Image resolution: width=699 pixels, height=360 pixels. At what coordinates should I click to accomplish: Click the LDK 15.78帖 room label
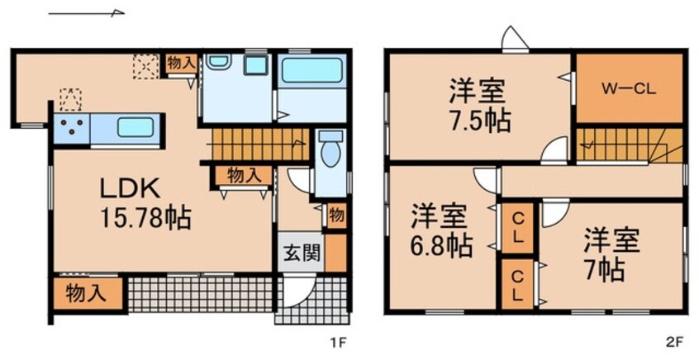pyautogui.click(x=146, y=203)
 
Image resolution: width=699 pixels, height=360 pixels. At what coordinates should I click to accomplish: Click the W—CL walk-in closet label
pyautogui.click(x=629, y=89)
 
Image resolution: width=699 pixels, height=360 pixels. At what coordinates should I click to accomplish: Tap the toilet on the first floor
pyautogui.click(x=331, y=153)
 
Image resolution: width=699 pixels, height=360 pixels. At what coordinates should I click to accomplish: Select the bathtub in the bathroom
pyautogui.click(x=311, y=71)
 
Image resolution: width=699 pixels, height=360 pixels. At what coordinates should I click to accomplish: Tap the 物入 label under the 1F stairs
pyautogui.click(x=245, y=175)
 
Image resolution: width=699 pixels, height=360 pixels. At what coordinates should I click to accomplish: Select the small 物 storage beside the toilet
pyautogui.click(x=336, y=214)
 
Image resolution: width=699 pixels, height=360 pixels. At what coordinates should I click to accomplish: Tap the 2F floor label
pyautogui.click(x=673, y=339)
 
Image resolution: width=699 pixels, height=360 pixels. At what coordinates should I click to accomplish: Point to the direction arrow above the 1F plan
pyautogui.click(x=86, y=13)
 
